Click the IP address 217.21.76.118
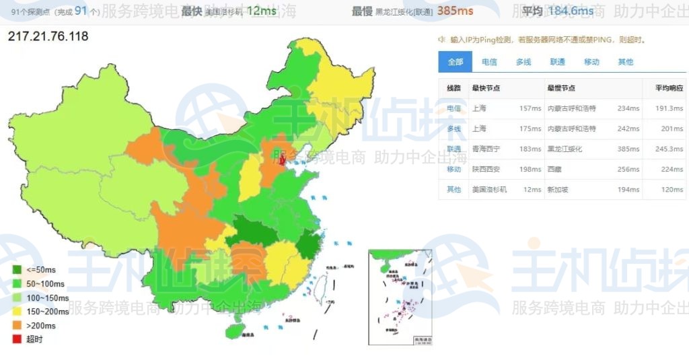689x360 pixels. (x=48, y=36)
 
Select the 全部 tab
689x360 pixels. (x=455, y=62)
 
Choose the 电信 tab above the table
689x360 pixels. (x=489, y=62)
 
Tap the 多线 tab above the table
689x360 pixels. (x=523, y=62)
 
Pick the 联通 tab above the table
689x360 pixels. (x=557, y=62)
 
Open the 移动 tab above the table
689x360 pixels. (x=591, y=62)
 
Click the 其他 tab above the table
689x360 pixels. (x=625, y=62)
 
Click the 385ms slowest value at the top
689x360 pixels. (x=455, y=11)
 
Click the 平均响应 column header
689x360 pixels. (x=668, y=88)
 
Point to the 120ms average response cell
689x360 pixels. (x=672, y=190)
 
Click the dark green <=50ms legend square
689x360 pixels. (x=16, y=270)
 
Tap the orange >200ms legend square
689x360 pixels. (x=16, y=325)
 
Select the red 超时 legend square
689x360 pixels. (x=16, y=339)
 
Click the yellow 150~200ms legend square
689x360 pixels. (x=16, y=312)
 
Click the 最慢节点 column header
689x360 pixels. (x=560, y=88)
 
